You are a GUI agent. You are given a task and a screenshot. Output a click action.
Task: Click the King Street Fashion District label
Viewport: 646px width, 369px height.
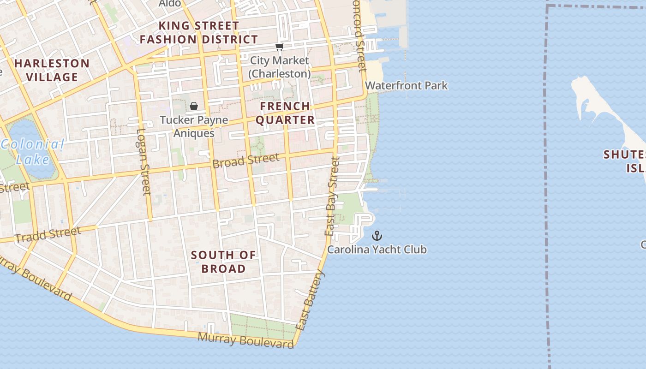199,32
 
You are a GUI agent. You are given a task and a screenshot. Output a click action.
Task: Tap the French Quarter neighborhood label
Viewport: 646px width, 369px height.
285,113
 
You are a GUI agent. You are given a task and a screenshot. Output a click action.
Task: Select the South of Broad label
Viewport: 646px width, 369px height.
223,262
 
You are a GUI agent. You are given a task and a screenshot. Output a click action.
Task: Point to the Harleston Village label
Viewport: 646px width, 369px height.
52,70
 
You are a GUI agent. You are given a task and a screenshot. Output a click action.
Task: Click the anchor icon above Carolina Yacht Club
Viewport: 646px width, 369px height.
377,236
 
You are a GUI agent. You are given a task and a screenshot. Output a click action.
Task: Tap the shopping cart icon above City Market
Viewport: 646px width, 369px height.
279,47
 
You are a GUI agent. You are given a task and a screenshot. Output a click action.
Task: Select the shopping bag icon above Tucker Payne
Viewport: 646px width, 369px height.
194,107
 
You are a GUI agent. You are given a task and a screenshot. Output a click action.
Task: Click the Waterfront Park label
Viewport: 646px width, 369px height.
406,85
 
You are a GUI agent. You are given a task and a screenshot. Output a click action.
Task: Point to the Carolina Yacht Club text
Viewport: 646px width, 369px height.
377,250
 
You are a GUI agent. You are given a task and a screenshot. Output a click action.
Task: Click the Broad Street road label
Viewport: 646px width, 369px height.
245,161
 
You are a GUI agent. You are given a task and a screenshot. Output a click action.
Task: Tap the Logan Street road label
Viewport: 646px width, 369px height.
144,161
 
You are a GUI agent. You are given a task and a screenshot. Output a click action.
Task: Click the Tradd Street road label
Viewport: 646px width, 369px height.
48,234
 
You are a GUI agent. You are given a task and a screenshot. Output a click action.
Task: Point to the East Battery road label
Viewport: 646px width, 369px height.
310,300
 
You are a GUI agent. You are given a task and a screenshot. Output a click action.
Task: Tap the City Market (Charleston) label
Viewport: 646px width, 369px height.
279,67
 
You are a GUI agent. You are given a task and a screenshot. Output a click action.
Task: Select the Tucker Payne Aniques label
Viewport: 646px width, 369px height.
194,126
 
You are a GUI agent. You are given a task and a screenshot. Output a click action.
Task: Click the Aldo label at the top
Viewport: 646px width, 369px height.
169,4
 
